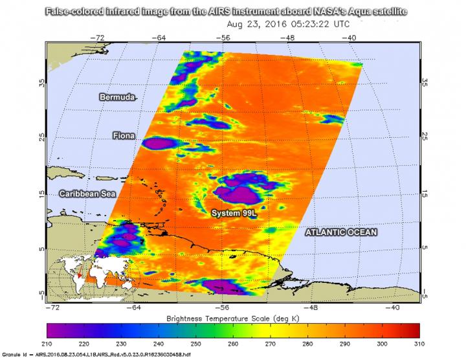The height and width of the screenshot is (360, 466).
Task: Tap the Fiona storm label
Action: point(124,136)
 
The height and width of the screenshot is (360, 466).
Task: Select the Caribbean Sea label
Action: point(85,194)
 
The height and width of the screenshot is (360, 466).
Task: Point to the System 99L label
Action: point(234,213)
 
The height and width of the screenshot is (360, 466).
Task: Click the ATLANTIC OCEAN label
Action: point(341,231)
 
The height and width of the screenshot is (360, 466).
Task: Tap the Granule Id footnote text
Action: point(97,356)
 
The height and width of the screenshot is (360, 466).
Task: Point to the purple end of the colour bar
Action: point(52,332)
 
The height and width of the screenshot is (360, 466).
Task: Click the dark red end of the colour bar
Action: point(414,332)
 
